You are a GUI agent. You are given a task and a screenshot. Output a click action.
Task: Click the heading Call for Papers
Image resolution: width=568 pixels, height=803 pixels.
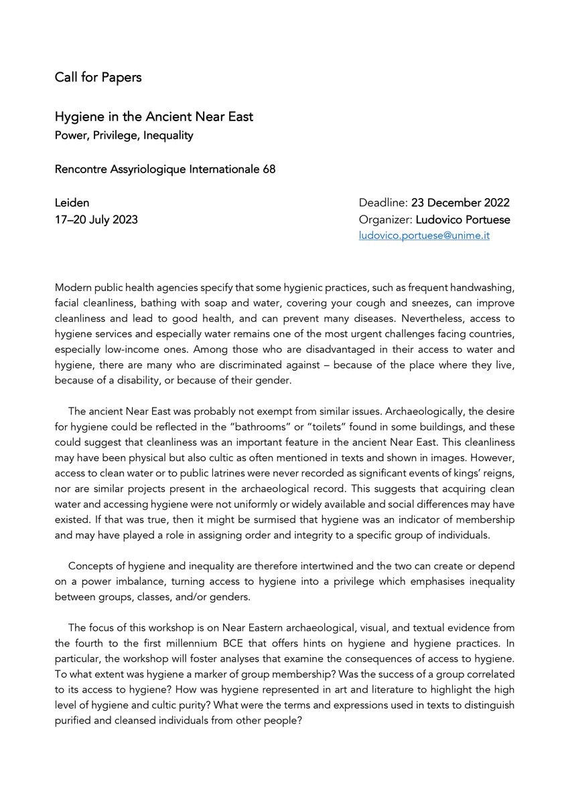98,78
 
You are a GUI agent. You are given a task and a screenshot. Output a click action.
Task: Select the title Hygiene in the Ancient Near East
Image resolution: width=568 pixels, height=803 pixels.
154,117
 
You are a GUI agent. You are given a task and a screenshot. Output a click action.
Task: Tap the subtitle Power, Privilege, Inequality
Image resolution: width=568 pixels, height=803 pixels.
124,136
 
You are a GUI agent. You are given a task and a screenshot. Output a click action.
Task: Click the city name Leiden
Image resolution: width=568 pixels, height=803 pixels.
72,203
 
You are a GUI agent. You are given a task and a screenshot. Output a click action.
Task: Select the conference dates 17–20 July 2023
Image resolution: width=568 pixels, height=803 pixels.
96,219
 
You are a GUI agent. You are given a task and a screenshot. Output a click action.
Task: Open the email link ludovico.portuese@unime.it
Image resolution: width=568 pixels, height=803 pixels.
424,236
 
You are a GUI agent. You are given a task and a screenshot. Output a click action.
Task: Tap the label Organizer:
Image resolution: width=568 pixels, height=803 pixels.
384,219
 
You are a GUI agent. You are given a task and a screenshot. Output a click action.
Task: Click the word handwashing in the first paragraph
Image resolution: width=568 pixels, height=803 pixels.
478,287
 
